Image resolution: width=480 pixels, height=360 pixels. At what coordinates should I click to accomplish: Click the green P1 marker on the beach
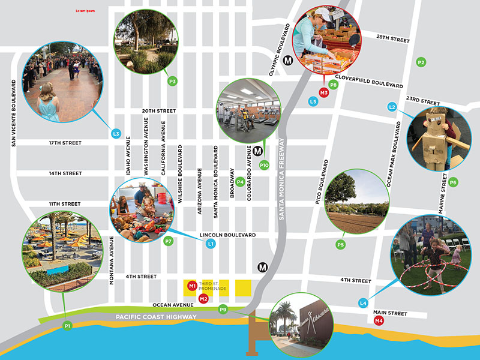68,325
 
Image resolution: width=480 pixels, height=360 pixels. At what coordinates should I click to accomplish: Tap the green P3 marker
172,80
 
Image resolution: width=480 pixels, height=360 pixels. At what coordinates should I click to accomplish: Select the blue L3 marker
117,133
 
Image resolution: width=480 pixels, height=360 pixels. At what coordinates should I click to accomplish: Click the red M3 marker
324,92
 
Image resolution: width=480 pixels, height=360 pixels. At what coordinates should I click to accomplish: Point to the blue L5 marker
313,102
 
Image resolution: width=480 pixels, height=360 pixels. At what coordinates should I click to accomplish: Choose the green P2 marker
421,62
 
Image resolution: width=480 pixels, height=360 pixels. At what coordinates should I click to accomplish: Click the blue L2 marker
392,107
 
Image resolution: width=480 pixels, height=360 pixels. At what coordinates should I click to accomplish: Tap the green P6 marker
453,182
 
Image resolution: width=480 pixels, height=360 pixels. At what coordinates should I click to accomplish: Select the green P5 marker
340,244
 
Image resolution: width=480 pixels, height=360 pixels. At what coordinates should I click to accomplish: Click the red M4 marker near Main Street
379,321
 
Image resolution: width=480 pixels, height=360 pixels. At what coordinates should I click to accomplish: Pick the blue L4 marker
363,304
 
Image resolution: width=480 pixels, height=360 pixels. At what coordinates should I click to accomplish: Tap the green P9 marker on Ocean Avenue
223,310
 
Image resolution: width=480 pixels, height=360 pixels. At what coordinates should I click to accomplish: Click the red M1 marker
192,286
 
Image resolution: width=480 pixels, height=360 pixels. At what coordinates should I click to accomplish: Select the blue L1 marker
210,244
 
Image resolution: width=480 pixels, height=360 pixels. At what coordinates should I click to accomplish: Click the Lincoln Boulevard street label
229,235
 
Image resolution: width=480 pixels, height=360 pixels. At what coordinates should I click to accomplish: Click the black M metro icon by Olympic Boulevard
289,60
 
